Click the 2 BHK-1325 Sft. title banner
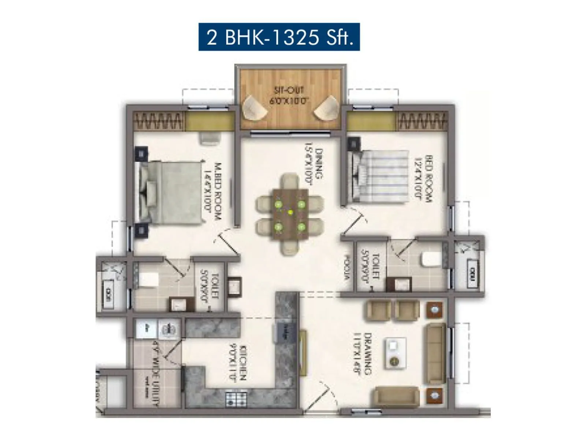click(x=279, y=37)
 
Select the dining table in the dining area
click(x=290, y=214)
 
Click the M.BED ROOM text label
click(x=212, y=191)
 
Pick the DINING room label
click(x=314, y=164)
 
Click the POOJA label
click(x=346, y=268)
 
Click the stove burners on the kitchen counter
click(x=236, y=399)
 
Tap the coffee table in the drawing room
click(x=395, y=353)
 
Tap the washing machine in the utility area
click(x=168, y=329)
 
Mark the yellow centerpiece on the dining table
click(x=290, y=212)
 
